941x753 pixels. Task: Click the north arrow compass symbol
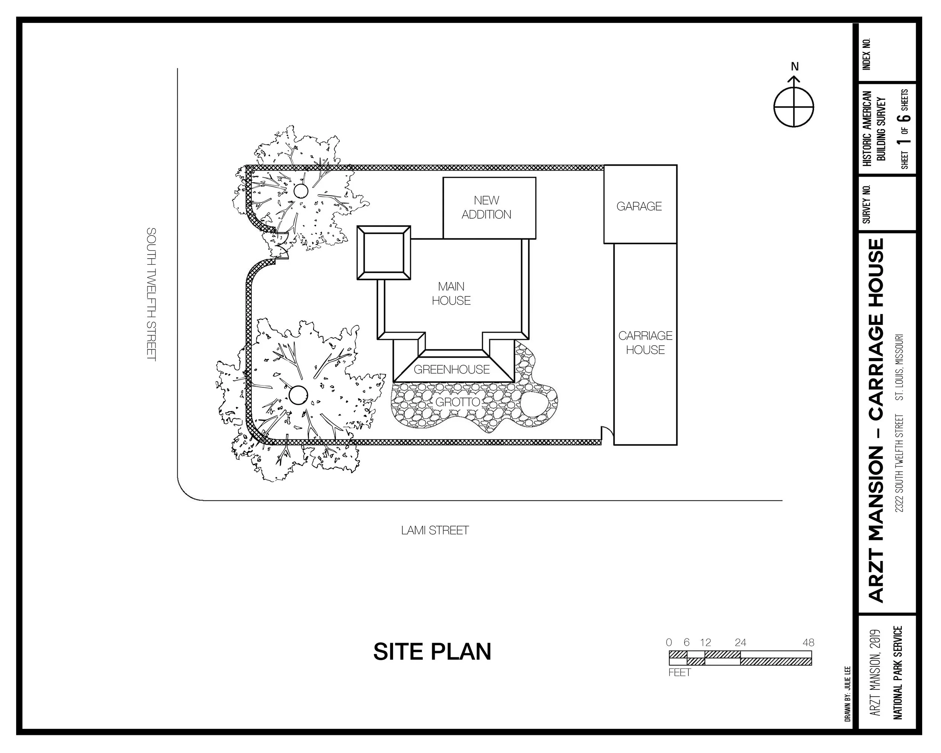[794, 106]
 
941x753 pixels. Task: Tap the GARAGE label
[639, 206]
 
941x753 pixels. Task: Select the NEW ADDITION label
[486, 207]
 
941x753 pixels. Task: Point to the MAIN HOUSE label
[451, 293]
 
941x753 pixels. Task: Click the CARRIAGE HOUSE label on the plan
[645, 343]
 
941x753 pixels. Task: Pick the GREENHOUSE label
[451, 370]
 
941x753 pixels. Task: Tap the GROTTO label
[457, 402]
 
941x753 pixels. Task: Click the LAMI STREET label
[435, 530]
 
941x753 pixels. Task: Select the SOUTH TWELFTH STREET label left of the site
[151, 294]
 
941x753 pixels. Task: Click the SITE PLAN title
[432, 652]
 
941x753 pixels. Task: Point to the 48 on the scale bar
[808, 643]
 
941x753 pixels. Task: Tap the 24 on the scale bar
[740, 643]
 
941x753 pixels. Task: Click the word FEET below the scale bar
[679, 673]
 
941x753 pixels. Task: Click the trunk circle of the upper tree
[301, 191]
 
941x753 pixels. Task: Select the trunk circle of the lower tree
[298, 395]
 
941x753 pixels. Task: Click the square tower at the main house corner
[384, 253]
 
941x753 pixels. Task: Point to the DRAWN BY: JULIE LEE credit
[847, 694]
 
